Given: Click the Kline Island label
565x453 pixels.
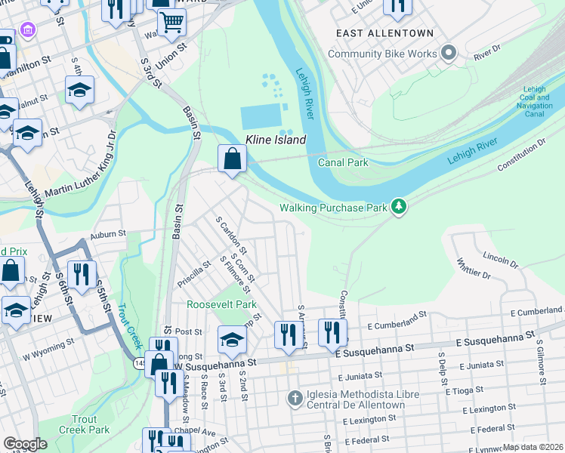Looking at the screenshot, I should (x=276, y=140).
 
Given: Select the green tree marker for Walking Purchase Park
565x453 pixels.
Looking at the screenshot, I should (x=398, y=207).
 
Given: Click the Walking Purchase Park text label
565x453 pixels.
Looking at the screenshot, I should (x=332, y=207).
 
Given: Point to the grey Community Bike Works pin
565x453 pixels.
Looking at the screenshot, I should (x=449, y=54).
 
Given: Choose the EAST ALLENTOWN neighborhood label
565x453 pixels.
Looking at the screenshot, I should (x=385, y=33).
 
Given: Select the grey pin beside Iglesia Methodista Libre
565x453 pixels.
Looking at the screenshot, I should (x=295, y=397).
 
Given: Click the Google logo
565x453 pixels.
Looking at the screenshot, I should (x=25, y=444).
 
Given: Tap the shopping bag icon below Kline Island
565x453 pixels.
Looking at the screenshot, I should (x=232, y=159).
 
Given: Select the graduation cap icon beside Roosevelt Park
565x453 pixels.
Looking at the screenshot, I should (x=232, y=339).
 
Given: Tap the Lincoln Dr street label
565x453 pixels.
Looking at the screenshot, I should (x=499, y=261).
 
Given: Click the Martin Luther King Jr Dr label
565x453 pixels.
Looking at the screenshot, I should (x=80, y=166).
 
